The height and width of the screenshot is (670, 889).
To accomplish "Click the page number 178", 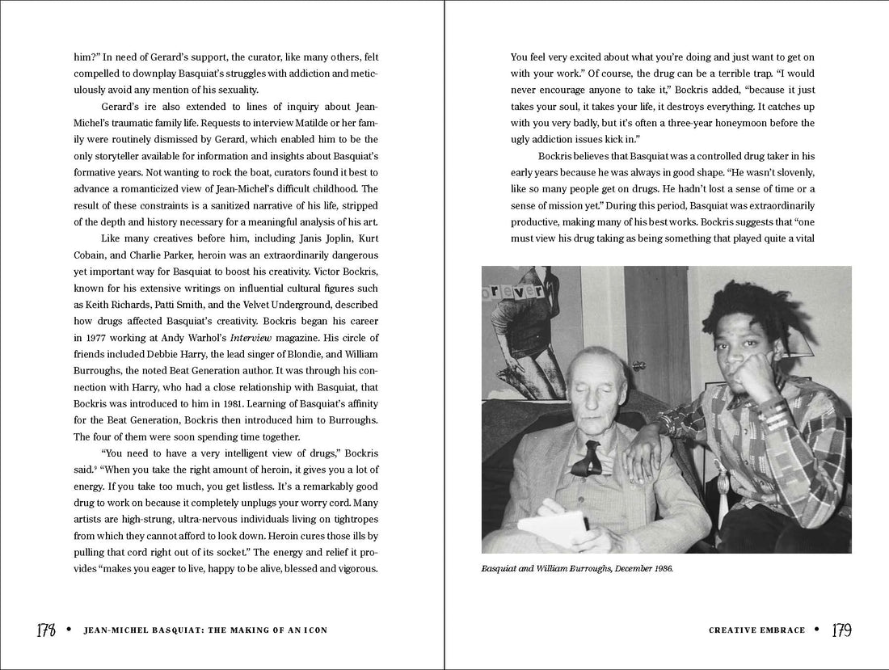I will (44, 630).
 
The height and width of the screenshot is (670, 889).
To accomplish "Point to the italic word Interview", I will (251, 337).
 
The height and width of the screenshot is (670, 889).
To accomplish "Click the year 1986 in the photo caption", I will (660, 568).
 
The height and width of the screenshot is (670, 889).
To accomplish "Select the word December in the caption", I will (621, 568).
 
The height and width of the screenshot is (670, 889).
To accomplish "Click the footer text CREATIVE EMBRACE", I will (756, 630).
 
